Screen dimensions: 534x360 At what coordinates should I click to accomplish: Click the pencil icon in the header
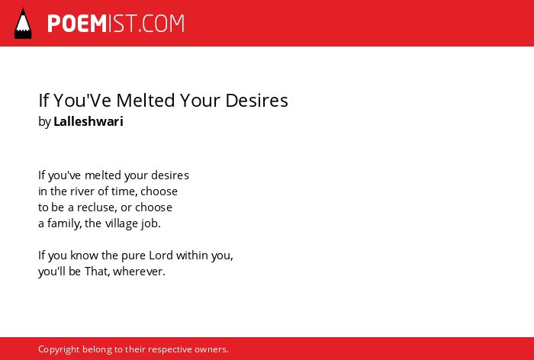coord(23,24)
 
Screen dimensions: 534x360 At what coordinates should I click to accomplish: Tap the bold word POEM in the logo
coord(77,24)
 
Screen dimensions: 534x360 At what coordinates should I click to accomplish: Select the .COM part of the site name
coord(162,24)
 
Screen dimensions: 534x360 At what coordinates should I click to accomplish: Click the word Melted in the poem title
coord(145,101)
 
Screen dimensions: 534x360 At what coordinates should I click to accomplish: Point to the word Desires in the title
coord(257,101)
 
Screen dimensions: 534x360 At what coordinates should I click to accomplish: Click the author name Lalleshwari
coord(88,121)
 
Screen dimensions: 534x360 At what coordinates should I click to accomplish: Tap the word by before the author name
coord(44,122)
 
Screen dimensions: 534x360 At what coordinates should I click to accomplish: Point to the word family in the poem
coord(64,223)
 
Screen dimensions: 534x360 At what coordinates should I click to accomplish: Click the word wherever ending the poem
coord(139,272)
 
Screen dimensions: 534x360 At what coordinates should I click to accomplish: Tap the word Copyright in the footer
coord(59,350)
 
